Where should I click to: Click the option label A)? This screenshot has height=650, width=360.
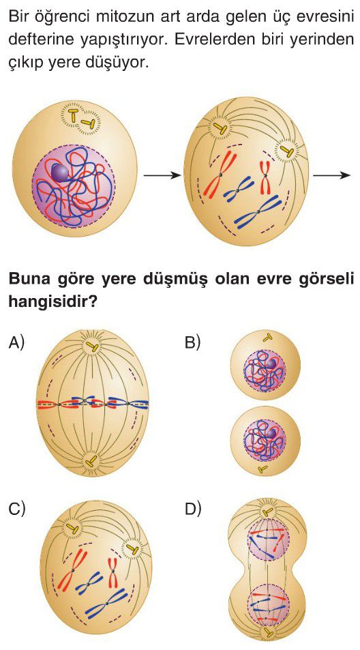coord(16,343)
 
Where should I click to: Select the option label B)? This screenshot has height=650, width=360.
coord(193,343)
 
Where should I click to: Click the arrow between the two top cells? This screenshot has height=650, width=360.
coord(162,175)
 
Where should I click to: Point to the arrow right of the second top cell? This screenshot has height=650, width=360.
coord(332,175)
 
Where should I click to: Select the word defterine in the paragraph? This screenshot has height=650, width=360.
coord(36,40)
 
